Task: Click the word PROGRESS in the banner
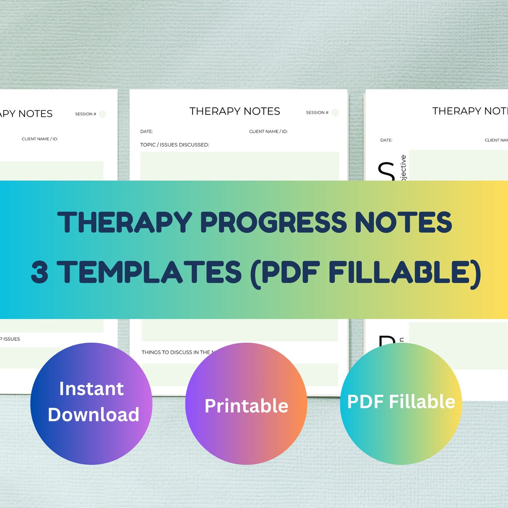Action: point(273,222)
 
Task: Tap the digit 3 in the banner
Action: point(40,273)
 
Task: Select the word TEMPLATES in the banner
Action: point(149,273)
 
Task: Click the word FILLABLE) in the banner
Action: point(405,273)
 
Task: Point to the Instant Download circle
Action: point(91,403)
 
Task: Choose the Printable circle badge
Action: point(246,403)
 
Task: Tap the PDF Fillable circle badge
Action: point(401,403)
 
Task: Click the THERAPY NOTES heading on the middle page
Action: point(235,111)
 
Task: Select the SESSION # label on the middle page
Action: point(317,113)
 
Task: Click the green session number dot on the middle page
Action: point(335,112)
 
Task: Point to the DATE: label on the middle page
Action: point(147,131)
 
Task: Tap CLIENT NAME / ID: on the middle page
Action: point(268,131)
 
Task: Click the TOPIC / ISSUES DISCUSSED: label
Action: point(175,145)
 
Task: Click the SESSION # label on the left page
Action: point(86,114)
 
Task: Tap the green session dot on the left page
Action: point(102,114)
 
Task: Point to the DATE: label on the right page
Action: point(386,140)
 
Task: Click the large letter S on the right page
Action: point(386,171)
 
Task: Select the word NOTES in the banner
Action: point(403,222)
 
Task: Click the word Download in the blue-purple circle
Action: point(94,415)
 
